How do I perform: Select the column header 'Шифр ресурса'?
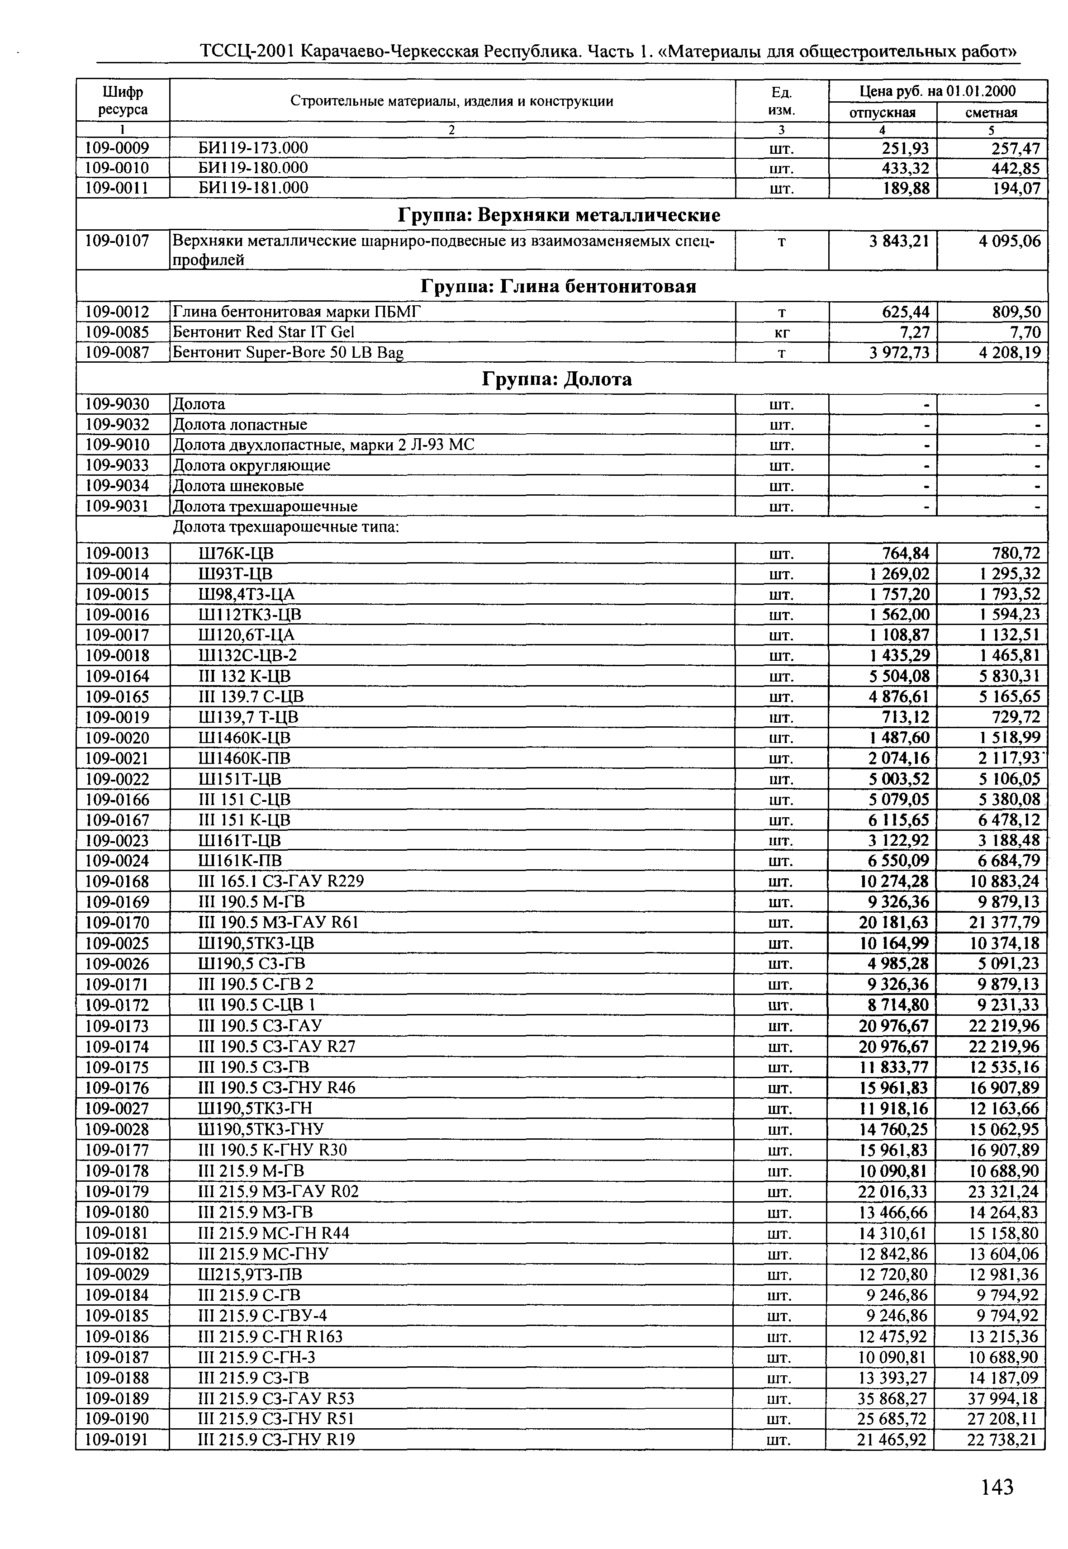click(x=123, y=100)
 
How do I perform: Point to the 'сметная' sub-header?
click(x=991, y=113)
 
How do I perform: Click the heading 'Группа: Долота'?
click(x=557, y=379)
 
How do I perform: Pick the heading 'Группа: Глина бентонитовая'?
click(x=558, y=286)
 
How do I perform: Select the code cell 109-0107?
click(x=117, y=241)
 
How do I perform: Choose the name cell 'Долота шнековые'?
click(x=238, y=486)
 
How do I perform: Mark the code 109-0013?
click(x=117, y=554)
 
